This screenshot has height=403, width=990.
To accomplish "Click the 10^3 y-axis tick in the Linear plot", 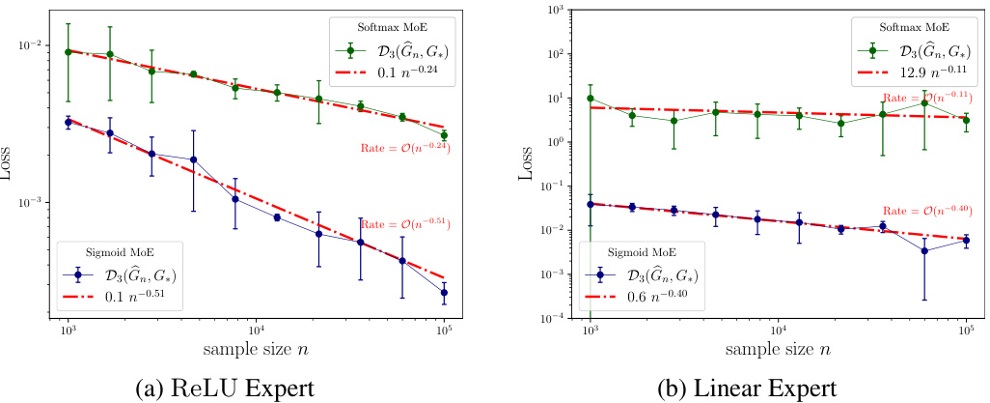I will (x=553, y=10).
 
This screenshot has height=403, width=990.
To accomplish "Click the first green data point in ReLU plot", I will (x=68, y=51).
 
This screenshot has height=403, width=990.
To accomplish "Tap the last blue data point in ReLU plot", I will (x=443, y=292).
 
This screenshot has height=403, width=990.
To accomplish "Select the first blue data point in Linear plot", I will (x=590, y=204).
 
